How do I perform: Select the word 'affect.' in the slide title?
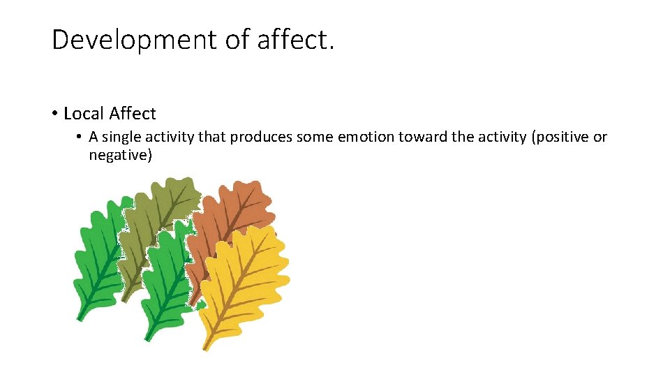pyautogui.click(x=296, y=40)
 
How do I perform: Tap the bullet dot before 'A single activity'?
pyautogui.click(x=80, y=137)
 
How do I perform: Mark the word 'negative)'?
pyautogui.click(x=120, y=155)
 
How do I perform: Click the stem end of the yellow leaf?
pyautogui.click(x=206, y=347)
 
